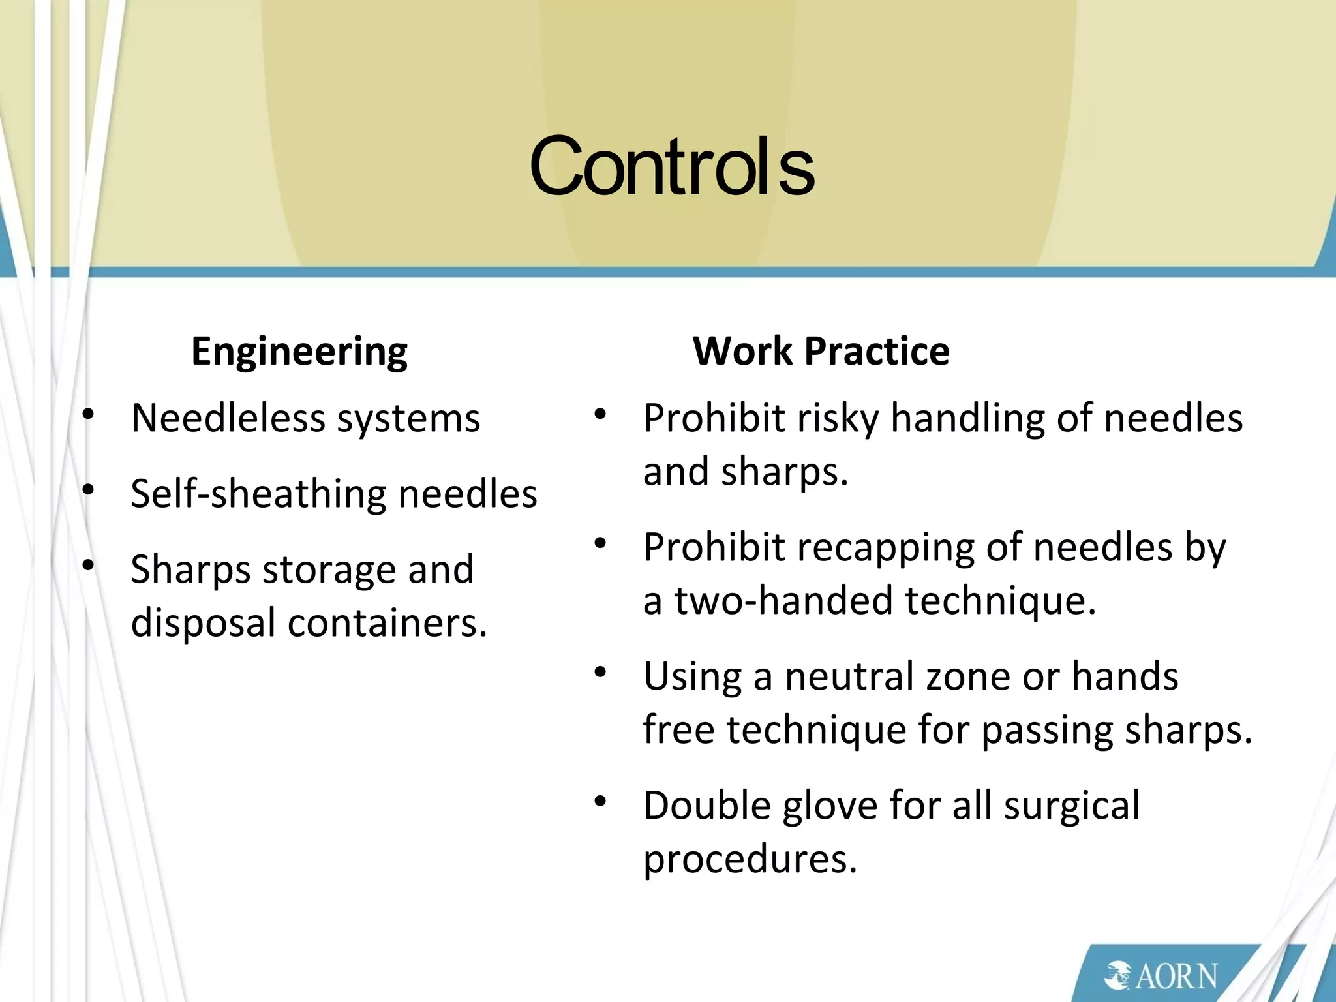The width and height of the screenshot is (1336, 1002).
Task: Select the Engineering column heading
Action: [x=299, y=351]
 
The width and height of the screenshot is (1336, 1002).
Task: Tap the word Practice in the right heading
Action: [x=877, y=351]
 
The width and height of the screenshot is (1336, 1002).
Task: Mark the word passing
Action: [x=1047, y=729]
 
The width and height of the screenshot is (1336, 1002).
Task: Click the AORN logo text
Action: [x=1176, y=976]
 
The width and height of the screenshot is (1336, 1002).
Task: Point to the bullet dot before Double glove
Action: [x=600, y=802]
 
